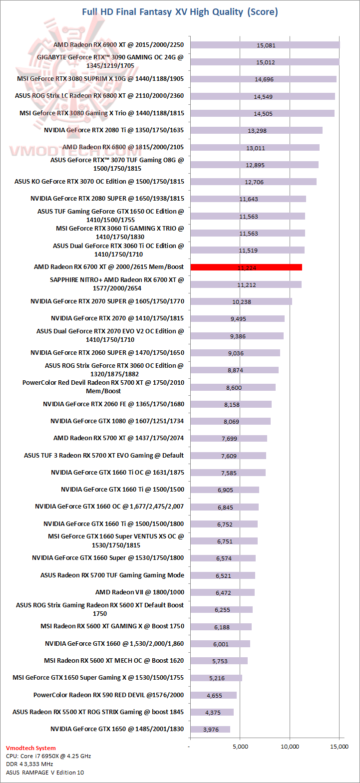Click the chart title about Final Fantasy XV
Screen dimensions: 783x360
[180, 12]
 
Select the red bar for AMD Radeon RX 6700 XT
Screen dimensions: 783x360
[246, 267]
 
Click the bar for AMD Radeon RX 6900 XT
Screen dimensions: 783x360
[265, 45]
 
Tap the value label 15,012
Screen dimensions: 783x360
[266, 62]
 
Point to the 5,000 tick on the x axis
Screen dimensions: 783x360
[240, 747]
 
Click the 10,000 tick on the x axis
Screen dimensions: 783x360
[290, 747]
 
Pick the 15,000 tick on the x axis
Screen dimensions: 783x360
[340, 747]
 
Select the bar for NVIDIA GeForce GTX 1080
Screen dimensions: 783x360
[230, 421]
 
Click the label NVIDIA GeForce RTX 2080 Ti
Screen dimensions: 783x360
[114, 130]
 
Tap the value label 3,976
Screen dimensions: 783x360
[211, 730]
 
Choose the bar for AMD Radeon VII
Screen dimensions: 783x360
[222, 592]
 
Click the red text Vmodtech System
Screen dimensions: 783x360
[31, 748]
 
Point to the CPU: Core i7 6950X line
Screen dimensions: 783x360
[48, 756]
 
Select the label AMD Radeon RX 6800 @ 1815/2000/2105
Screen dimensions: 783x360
[123, 147]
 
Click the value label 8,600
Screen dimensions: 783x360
[234, 387]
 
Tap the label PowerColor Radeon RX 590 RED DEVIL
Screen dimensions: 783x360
[108, 695]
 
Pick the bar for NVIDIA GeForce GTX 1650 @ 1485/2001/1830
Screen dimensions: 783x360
[210, 729]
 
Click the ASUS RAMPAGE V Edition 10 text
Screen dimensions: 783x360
[45, 773]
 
